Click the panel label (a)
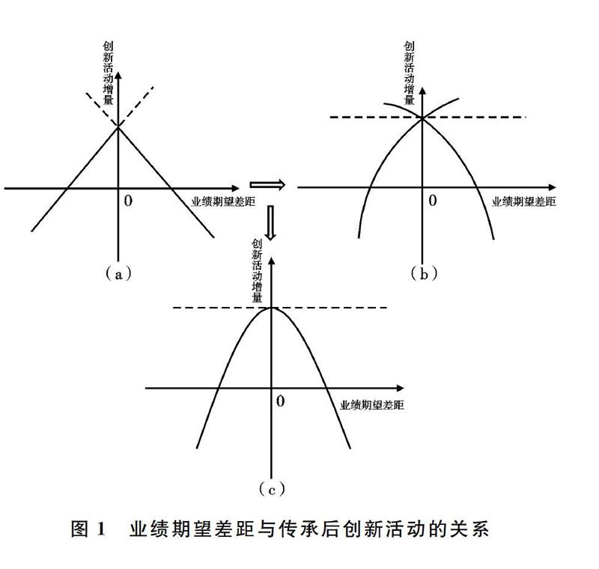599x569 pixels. click(x=118, y=274)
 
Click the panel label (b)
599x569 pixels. click(x=424, y=274)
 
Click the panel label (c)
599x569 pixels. click(x=272, y=489)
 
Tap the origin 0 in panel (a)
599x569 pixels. click(x=128, y=201)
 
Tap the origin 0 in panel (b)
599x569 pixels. click(x=433, y=200)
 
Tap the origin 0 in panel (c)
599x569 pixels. click(x=280, y=401)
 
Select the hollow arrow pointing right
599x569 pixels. click(x=268, y=185)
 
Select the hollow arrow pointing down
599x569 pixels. click(x=270, y=223)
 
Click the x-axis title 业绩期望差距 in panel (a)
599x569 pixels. click(x=223, y=201)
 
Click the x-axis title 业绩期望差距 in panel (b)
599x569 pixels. click(x=523, y=201)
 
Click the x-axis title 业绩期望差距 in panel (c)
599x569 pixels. click(x=371, y=405)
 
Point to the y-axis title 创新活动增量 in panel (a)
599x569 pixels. click(x=108, y=73)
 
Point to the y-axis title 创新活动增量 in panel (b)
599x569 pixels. click(x=410, y=73)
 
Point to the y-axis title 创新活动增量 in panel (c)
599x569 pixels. click(x=257, y=271)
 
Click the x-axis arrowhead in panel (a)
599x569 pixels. click(x=235, y=188)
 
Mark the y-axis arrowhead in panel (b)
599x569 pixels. click(x=422, y=91)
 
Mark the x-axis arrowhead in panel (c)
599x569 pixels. click(x=400, y=389)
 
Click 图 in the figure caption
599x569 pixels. click(x=80, y=529)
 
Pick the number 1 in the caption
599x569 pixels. click(x=101, y=529)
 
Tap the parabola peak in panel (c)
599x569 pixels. click(x=271, y=308)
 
